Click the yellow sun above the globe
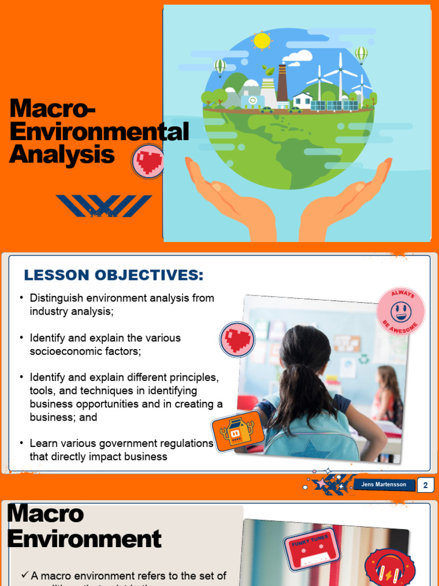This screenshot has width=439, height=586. (262, 41)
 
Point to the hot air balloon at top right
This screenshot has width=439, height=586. (361, 54)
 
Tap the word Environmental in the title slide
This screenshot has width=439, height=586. (99, 132)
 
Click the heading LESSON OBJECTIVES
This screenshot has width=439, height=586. (114, 275)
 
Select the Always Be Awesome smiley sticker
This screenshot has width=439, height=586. (401, 312)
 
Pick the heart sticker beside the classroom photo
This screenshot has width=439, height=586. (237, 339)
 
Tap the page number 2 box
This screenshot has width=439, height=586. (425, 485)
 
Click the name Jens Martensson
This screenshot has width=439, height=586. (384, 485)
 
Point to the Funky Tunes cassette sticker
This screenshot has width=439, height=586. (312, 549)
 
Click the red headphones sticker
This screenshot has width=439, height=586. (390, 568)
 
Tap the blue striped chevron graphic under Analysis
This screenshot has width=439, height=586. (104, 206)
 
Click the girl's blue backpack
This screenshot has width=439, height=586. (312, 438)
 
